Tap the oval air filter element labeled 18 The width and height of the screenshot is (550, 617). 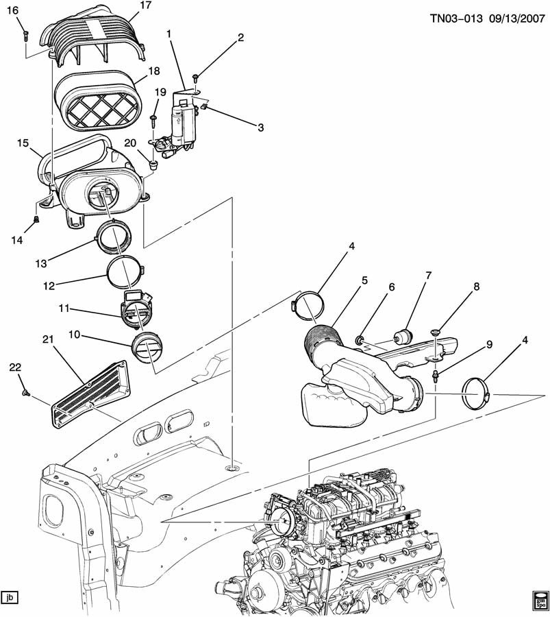pos(96,100)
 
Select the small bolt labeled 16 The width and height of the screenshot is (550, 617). pos(26,35)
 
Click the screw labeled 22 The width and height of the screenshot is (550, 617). pos(25,392)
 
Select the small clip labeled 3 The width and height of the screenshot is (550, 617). pos(203,106)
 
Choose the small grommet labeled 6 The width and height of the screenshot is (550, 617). pos(359,339)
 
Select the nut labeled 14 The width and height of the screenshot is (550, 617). pos(36,219)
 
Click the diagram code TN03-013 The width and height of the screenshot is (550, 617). pos(456,18)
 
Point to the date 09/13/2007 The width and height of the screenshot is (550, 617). pos(516,18)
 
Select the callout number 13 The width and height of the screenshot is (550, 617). pos(41,263)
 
